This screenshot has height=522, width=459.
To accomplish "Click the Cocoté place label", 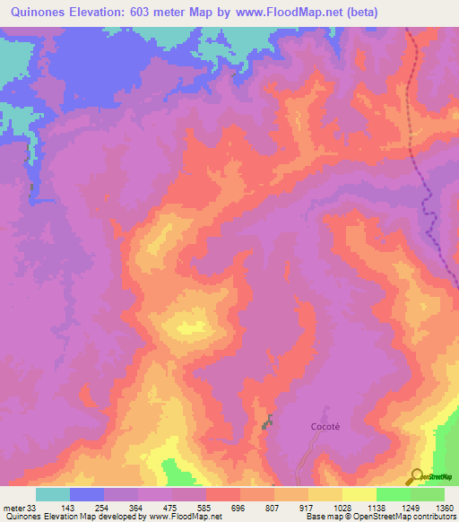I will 326,427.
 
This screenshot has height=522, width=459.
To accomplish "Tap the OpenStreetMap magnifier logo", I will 414,476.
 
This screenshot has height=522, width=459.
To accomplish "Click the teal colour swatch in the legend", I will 53,494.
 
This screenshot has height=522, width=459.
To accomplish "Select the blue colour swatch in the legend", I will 87,494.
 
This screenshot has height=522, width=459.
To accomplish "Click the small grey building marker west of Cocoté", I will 266,421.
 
